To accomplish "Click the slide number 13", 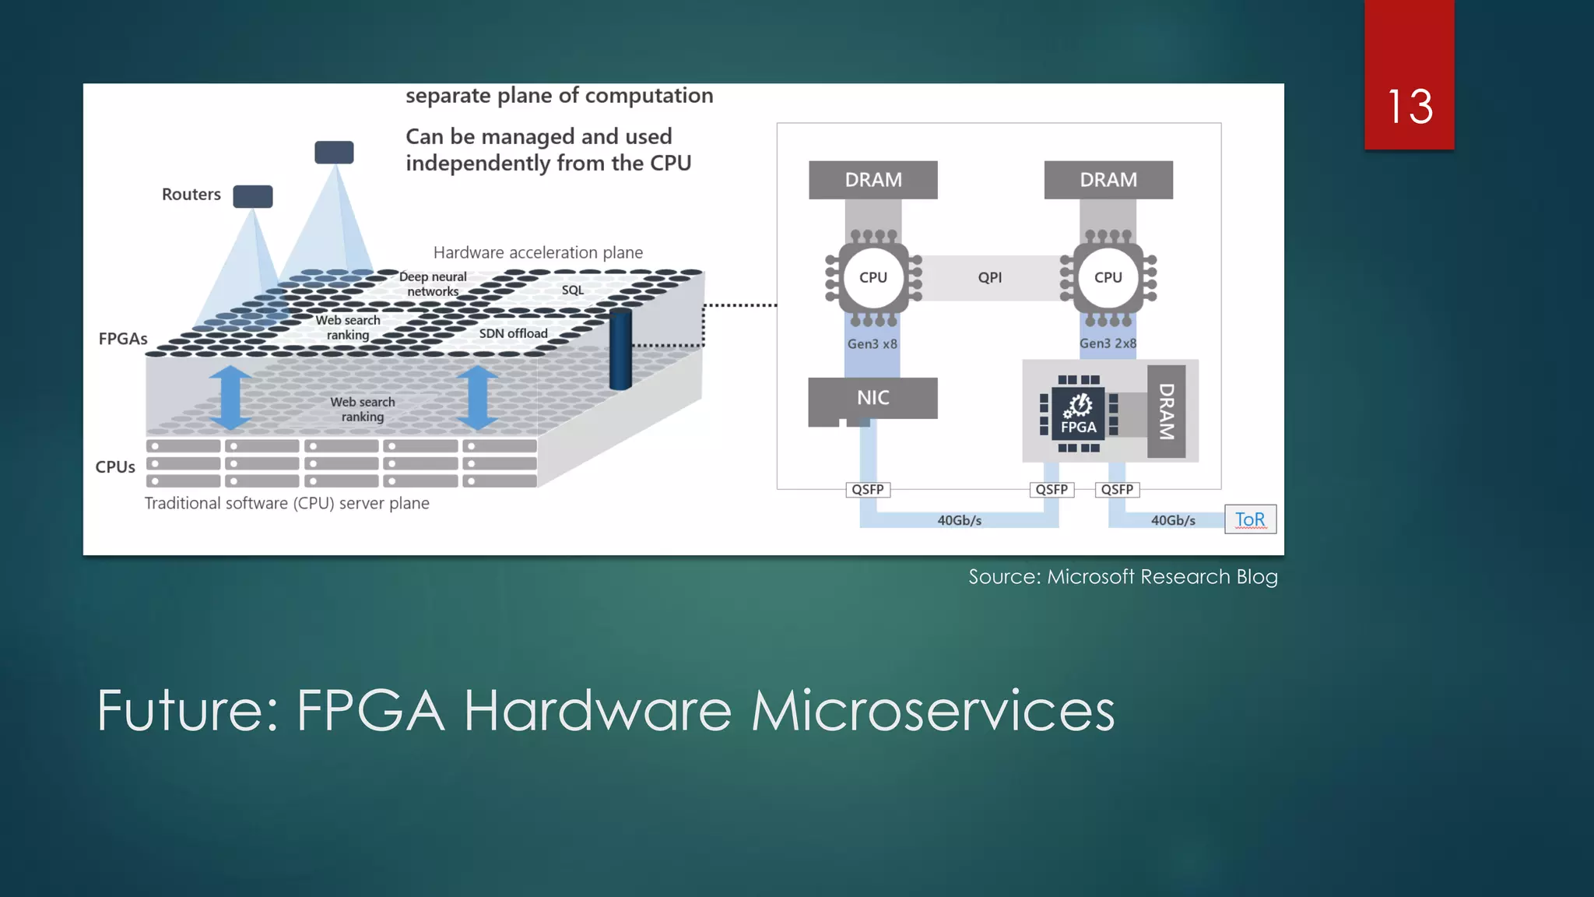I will [x=1410, y=107].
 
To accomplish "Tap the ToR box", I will [x=1250, y=519].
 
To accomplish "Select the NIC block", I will [x=872, y=398].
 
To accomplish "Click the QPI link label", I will [x=990, y=277].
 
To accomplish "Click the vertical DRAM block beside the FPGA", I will [x=1166, y=411].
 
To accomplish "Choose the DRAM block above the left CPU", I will [x=873, y=180].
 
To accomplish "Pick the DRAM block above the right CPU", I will [x=1108, y=180].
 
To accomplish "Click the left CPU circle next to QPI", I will [x=872, y=277].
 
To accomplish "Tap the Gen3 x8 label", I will [x=872, y=343].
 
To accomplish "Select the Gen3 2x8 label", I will [x=1108, y=343].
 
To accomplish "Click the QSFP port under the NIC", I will [x=867, y=490].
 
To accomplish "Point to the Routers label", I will [x=191, y=195].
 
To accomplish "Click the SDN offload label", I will [x=513, y=333].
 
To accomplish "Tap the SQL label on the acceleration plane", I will [x=572, y=290].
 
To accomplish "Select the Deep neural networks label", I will [x=433, y=284].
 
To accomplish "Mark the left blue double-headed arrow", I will [x=230, y=397].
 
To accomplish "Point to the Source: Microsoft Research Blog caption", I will [x=1122, y=577].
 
